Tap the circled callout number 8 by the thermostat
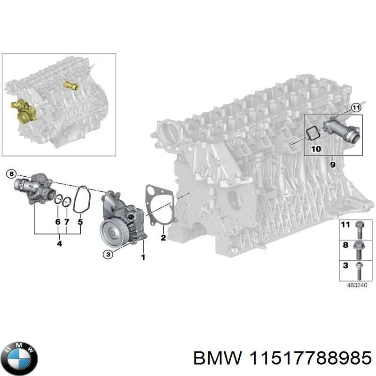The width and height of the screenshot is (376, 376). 12,174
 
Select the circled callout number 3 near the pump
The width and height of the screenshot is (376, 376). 108,254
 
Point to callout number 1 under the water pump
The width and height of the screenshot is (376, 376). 143,257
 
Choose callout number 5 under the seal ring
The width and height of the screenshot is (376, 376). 80,221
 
